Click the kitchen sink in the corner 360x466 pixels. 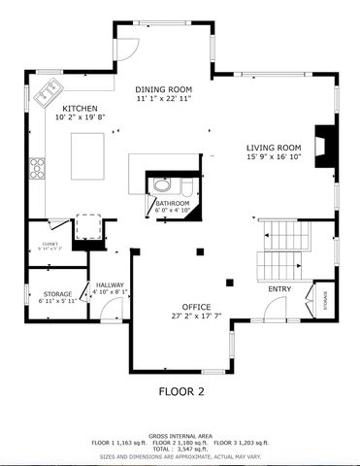(47, 95)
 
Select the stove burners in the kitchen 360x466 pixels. (37, 167)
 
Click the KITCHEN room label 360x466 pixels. (79, 109)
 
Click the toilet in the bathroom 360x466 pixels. (163, 183)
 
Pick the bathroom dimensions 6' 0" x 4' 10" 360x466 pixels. (173, 210)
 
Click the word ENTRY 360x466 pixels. (279, 288)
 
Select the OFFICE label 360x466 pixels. (169, 307)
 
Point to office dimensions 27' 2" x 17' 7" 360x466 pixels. (169, 316)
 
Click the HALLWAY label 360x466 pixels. (110, 284)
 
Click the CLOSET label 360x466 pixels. (50, 243)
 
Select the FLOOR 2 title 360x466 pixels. (181, 392)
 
